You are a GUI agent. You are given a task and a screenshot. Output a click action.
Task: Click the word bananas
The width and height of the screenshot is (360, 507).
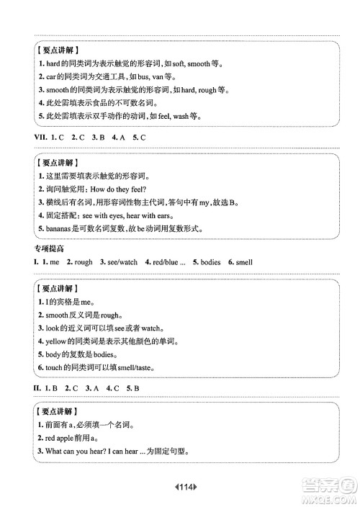(60, 229)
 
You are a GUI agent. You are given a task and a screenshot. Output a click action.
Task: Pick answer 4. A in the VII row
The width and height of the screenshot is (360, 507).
(116, 137)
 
